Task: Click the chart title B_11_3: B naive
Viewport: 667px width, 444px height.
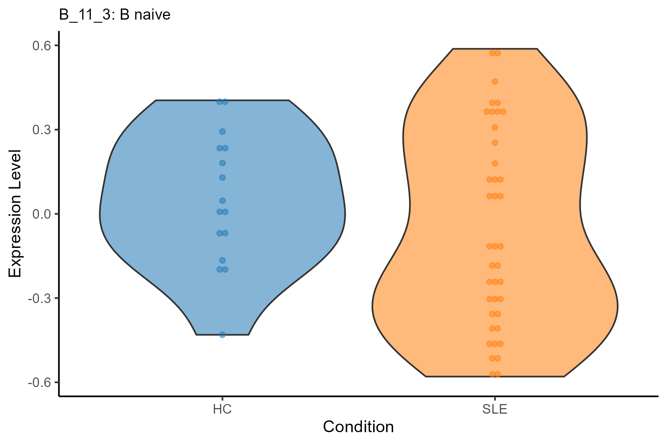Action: point(115,15)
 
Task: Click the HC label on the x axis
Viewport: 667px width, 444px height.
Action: point(222,410)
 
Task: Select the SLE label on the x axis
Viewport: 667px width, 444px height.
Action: point(495,410)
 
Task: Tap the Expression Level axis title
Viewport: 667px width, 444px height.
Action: point(15,214)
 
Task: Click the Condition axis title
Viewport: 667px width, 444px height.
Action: point(358,427)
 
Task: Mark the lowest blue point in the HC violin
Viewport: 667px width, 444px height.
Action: point(222,335)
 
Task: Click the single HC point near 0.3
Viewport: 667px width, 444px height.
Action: point(222,131)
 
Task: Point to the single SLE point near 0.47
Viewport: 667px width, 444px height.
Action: point(495,81)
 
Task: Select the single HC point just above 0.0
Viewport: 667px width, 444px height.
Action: point(222,201)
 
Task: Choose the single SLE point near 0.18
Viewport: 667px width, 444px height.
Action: point(495,164)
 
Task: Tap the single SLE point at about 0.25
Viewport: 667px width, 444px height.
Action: point(495,143)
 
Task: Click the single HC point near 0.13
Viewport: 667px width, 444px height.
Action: point(222,178)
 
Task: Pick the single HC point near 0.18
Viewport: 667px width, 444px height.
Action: point(222,163)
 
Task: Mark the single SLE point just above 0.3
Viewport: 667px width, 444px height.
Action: point(495,128)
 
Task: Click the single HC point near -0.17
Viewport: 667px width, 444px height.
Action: point(222,260)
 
